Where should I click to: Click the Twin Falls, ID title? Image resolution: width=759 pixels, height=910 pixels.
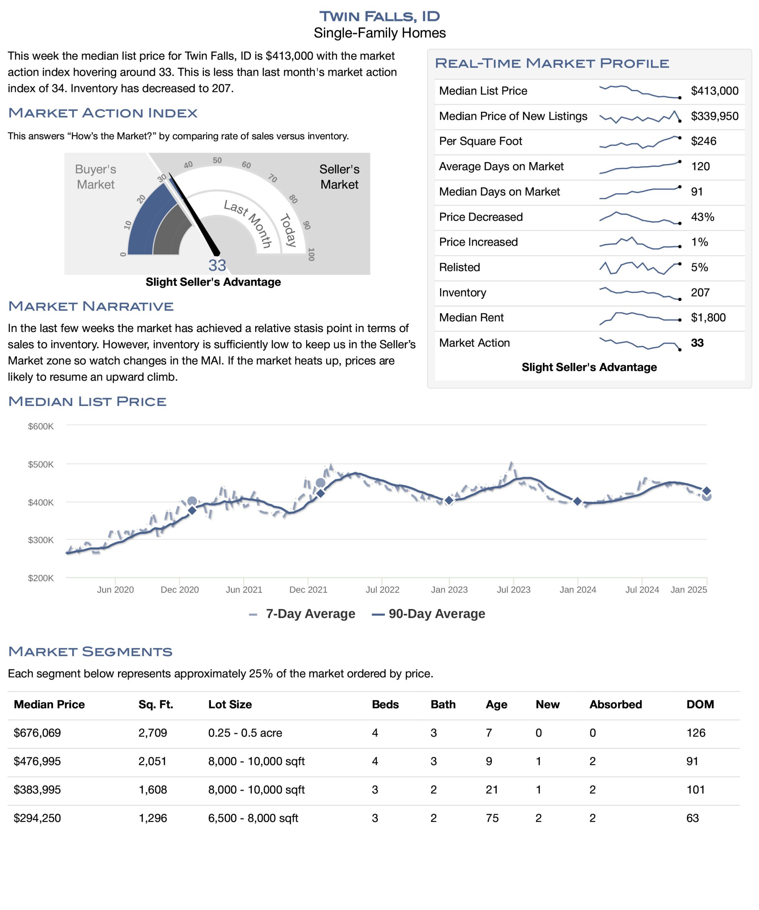point(379,16)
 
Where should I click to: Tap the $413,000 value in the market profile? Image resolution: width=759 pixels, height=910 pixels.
point(714,91)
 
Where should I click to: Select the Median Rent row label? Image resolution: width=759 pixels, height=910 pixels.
point(471,318)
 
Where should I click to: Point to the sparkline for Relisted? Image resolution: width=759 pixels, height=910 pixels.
point(640,268)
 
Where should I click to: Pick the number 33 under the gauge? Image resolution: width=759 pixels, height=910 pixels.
point(217,265)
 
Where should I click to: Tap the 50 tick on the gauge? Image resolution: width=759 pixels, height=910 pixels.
point(217,160)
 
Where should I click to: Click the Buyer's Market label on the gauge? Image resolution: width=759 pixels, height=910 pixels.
point(95,177)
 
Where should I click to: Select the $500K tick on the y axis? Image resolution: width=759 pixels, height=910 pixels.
point(41,465)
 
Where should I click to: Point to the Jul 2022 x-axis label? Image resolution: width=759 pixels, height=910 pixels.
point(382,590)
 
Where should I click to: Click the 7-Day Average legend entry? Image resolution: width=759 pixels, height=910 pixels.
point(302,614)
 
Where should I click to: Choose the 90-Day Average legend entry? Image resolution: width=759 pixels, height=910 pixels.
point(428,614)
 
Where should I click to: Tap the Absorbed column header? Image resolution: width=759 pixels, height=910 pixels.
point(615,705)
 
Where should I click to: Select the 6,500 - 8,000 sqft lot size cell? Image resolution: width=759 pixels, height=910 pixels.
point(253,818)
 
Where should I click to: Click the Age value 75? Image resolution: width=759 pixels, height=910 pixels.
point(492,818)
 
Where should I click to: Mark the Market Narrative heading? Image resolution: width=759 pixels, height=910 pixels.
point(91,306)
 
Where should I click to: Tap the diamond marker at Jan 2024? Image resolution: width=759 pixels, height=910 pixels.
point(577,501)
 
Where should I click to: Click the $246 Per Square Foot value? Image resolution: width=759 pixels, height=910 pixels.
point(704,141)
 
